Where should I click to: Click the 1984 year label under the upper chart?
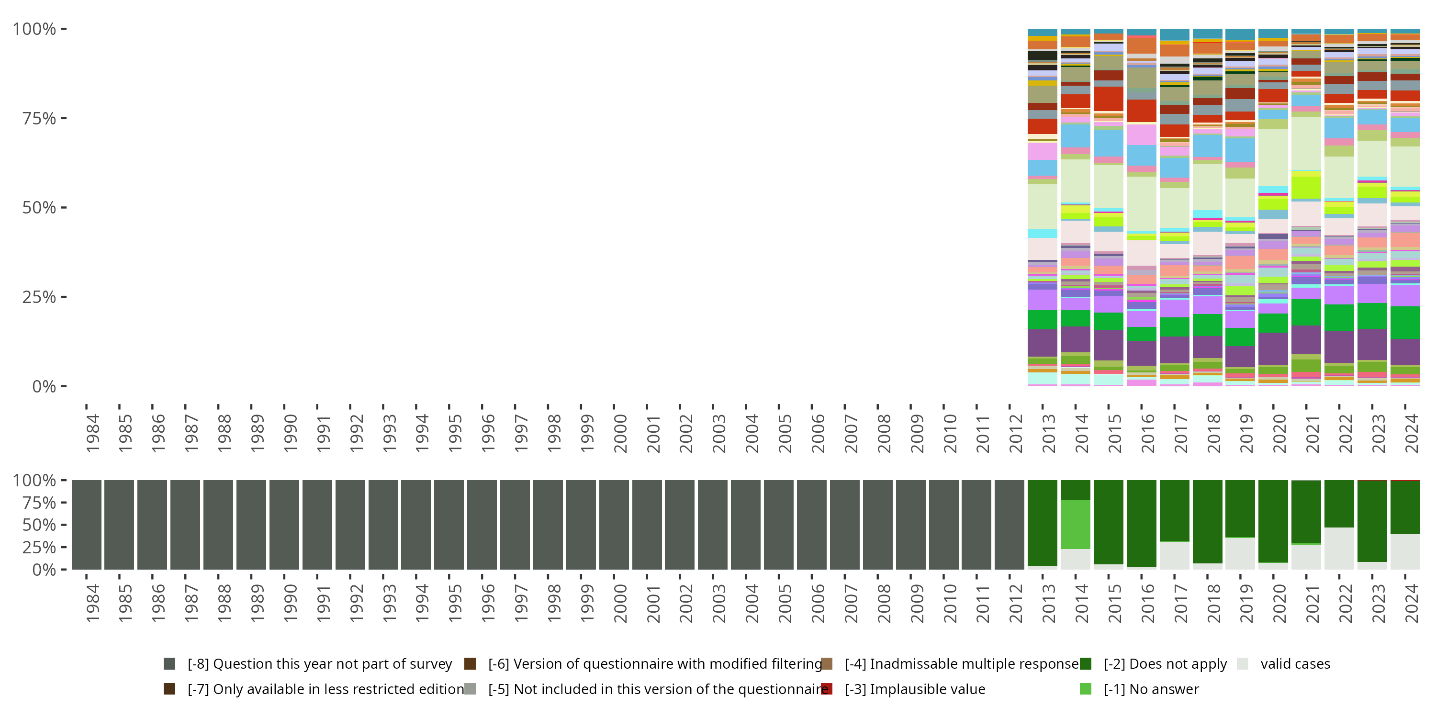click(x=92, y=434)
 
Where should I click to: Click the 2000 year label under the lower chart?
click(x=620, y=604)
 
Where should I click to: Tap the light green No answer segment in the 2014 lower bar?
click(x=1076, y=524)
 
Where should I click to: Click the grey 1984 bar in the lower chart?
click(x=87, y=525)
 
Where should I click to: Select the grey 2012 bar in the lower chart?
click(x=1010, y=525)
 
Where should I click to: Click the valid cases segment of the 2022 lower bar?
click(x=1339, y=549)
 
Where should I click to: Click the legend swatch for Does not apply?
click(x=1085, y=663)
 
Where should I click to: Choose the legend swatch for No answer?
click(x=1085, y=689)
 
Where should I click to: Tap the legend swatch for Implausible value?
click(x=827, y=689)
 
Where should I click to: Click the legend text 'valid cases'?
click(x=1295, y=664)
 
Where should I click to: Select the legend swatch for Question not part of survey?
click(x=169, y=663)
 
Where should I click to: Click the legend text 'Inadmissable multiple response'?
click(x=962, y=664)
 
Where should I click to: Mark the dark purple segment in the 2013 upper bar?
click(x=1043, y=343)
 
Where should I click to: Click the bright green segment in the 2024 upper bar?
click(x=1405, y=322)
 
